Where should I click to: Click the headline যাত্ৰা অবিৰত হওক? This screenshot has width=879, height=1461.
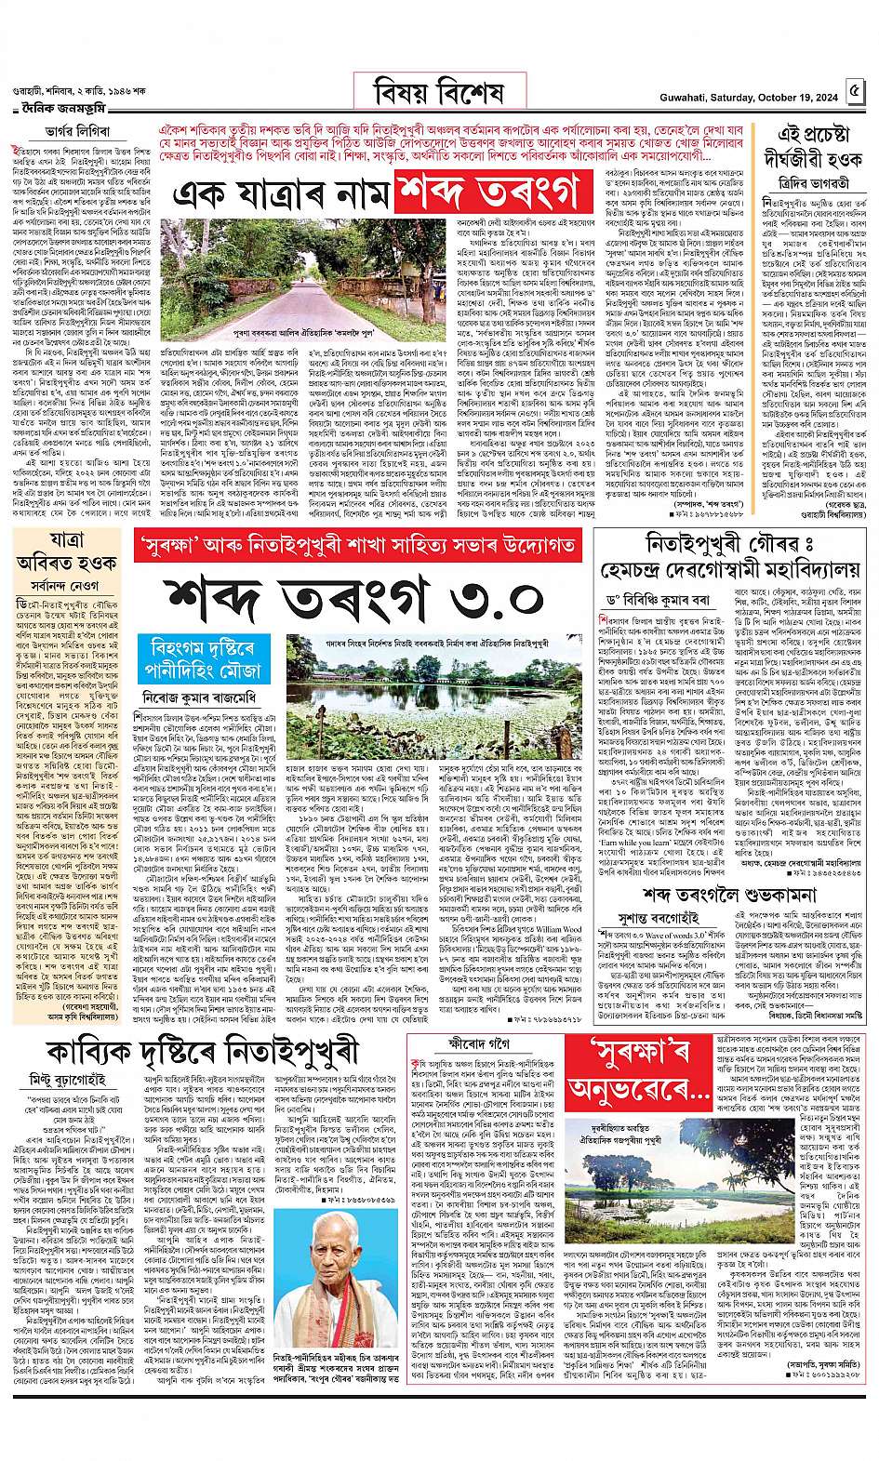pos(68,553)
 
